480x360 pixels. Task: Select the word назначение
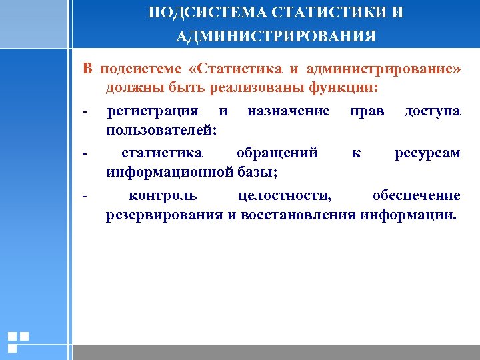click(x=288, y=110)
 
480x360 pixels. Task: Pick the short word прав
click(x=367, y=110)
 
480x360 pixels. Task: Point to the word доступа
click(x=432, y=110)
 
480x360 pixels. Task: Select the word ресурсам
click(x=427, y=153)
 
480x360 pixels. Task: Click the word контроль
click(x=162, y=195)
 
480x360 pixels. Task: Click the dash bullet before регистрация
click(x=85, y=111)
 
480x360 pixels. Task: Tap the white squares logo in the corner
click(x=18, y=341)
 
